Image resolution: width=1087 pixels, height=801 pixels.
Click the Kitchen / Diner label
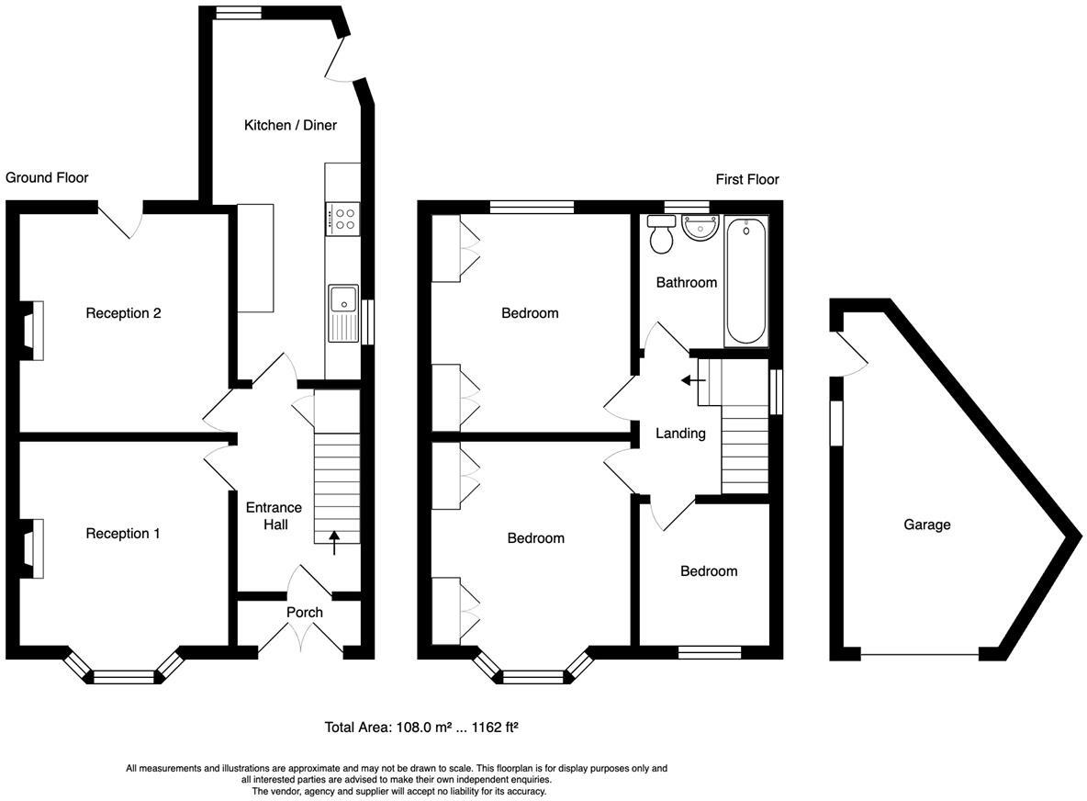coord(290,126)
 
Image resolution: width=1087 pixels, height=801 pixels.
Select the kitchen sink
coord(343,313)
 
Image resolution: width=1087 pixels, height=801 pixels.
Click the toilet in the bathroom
coord(661,233)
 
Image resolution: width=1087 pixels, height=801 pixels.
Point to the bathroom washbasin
coord(700,228)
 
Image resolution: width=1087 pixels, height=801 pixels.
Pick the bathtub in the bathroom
coord(745,281)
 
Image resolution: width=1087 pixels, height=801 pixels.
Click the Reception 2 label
coord(123,313)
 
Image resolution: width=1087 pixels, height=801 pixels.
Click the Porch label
coord(304,613)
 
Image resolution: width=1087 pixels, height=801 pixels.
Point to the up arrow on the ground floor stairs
coord(335,543)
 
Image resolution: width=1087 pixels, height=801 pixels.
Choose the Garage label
coord(927,525)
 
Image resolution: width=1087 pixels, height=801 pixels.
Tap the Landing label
coord(681,434)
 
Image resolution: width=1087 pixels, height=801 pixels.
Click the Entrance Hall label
coord(274,516)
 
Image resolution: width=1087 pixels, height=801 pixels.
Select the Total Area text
coord(422,728)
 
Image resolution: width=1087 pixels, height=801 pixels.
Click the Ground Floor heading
coord(47,177)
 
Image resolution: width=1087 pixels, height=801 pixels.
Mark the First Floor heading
coord(747,180)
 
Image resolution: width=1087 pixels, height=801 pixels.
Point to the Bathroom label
coord(687,282)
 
